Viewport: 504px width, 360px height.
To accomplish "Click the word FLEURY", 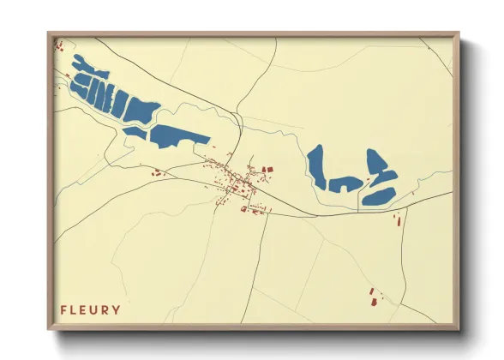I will (90, 309).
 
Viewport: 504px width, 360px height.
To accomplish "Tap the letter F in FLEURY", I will (63, 309).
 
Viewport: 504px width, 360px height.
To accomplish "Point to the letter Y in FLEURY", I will (117, 309).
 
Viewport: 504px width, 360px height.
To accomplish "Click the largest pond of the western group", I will (179, 135).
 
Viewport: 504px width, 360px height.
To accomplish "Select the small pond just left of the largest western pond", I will (135, 132).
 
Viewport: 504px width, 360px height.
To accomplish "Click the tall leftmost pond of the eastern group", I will (316, 166).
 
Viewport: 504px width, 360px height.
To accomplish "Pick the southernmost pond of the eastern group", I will (378, 196).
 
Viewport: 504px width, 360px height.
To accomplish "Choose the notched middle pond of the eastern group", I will (345, 183).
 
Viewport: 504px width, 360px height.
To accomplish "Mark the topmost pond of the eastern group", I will (375, 161).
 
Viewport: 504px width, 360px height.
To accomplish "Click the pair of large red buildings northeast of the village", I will (265, 171).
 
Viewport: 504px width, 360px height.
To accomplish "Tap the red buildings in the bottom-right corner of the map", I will (373, 297).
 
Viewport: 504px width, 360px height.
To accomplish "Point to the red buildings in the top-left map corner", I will (58, 45).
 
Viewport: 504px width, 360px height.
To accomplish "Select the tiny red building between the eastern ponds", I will (369, 177).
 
